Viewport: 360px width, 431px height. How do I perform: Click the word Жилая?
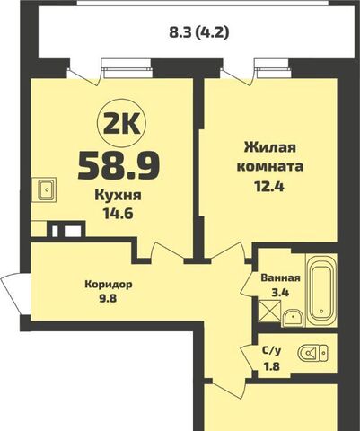click(268, 148)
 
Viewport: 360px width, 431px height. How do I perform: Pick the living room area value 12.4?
click(268, 188)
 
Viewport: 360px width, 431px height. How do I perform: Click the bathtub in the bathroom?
click(320, 292)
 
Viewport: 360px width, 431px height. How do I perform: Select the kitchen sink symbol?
click(44, 190)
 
